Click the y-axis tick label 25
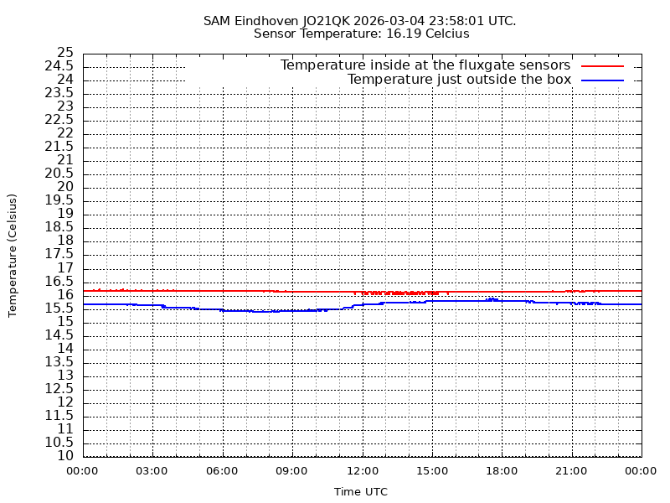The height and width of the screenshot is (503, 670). point(65,53)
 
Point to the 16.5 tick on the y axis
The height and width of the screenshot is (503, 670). point(60,281)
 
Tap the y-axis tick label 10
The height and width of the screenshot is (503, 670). point(65,456)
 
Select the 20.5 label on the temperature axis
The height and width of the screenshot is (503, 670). point(60,174)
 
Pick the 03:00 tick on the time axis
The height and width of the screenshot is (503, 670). point(152,470)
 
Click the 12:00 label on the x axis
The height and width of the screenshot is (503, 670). point(362,470)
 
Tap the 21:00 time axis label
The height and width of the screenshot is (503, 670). point(571,470)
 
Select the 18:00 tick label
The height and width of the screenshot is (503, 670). point(502,470)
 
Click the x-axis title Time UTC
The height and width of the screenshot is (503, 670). point(361,492)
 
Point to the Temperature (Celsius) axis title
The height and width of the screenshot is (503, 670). point(13,255)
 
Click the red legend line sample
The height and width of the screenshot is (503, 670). point(603,65)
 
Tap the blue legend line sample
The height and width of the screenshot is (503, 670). point(603,80)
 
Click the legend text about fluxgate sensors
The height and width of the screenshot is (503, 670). point(425,65)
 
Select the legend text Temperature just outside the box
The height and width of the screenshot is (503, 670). point(459,80)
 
